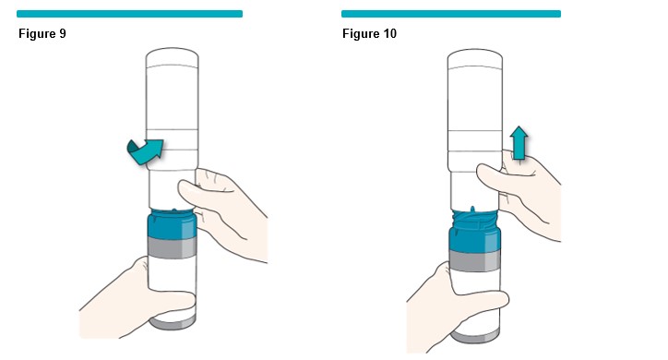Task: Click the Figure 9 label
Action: coord(42,33)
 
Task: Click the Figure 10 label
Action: coord(369,33)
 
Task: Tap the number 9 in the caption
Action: coord(63,33)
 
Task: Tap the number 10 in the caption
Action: coord(389,33)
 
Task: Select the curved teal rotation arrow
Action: coord(146,152)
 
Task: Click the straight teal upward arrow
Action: coord(519,143)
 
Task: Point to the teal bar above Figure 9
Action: coord(129,14)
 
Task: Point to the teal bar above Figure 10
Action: coord(451,14)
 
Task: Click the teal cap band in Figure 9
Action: coord(173,225)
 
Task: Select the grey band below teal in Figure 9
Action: coord(173,248)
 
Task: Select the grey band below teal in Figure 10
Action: coord(474,260)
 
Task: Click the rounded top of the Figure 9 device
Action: coord(173,56)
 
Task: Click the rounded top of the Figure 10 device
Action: coord(474,58)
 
